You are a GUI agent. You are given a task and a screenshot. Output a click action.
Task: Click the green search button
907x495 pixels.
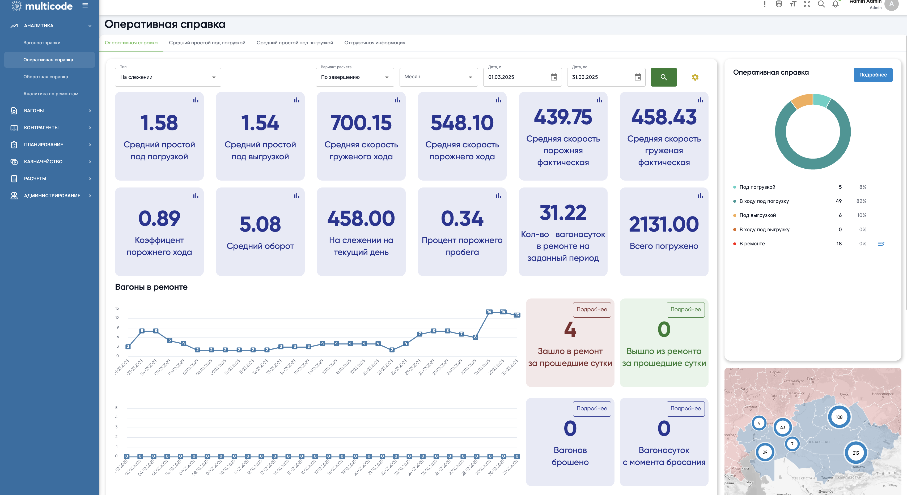(663, 77)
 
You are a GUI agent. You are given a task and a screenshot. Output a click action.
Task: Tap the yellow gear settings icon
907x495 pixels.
(695, 77)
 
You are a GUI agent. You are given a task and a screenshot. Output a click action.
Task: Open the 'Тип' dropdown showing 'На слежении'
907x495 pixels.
(168, 77)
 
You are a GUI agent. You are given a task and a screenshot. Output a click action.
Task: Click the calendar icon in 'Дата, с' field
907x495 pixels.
(553, 77)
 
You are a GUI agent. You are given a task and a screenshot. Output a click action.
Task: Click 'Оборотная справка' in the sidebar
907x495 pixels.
(46, 77)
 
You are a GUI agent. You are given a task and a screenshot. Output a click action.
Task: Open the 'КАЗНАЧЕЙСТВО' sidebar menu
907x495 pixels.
(43, 162)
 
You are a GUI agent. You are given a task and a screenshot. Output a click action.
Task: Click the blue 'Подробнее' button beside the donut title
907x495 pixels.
(873, 75)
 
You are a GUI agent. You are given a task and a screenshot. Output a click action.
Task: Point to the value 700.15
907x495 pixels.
(361, 123)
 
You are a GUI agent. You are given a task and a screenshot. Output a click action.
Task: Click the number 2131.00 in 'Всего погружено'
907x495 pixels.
(664, 224)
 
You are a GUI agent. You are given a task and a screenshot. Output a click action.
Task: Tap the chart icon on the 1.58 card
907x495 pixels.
(196, 100)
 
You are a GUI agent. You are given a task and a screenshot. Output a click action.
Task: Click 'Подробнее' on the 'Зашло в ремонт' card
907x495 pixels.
(592, 309)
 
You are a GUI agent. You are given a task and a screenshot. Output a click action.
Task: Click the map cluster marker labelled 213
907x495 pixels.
(856, 453)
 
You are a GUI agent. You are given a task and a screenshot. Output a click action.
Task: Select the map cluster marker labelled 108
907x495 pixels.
(839, 417)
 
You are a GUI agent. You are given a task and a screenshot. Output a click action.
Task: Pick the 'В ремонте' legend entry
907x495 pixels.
(752, 244)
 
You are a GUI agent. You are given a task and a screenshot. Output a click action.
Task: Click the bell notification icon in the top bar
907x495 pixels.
(835, 4)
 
